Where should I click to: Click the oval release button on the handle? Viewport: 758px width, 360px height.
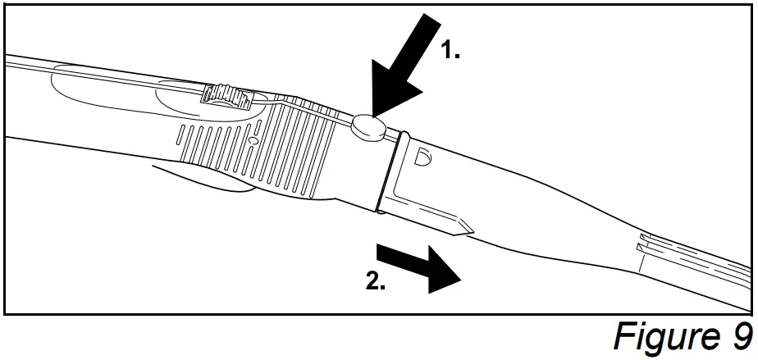tap(369, 126)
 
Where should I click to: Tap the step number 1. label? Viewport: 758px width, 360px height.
tap(450, 51)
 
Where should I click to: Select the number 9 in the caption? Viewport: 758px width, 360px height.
tap(739, 336)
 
